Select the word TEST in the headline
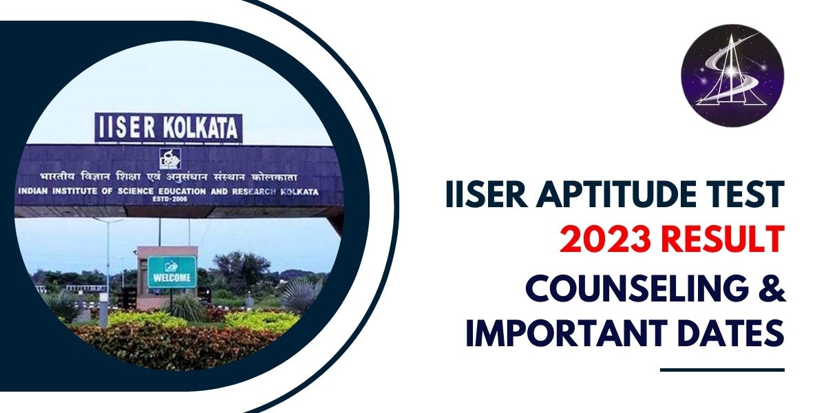pos(746,195)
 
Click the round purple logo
pos(732,75)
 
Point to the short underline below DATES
pos(722,370)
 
